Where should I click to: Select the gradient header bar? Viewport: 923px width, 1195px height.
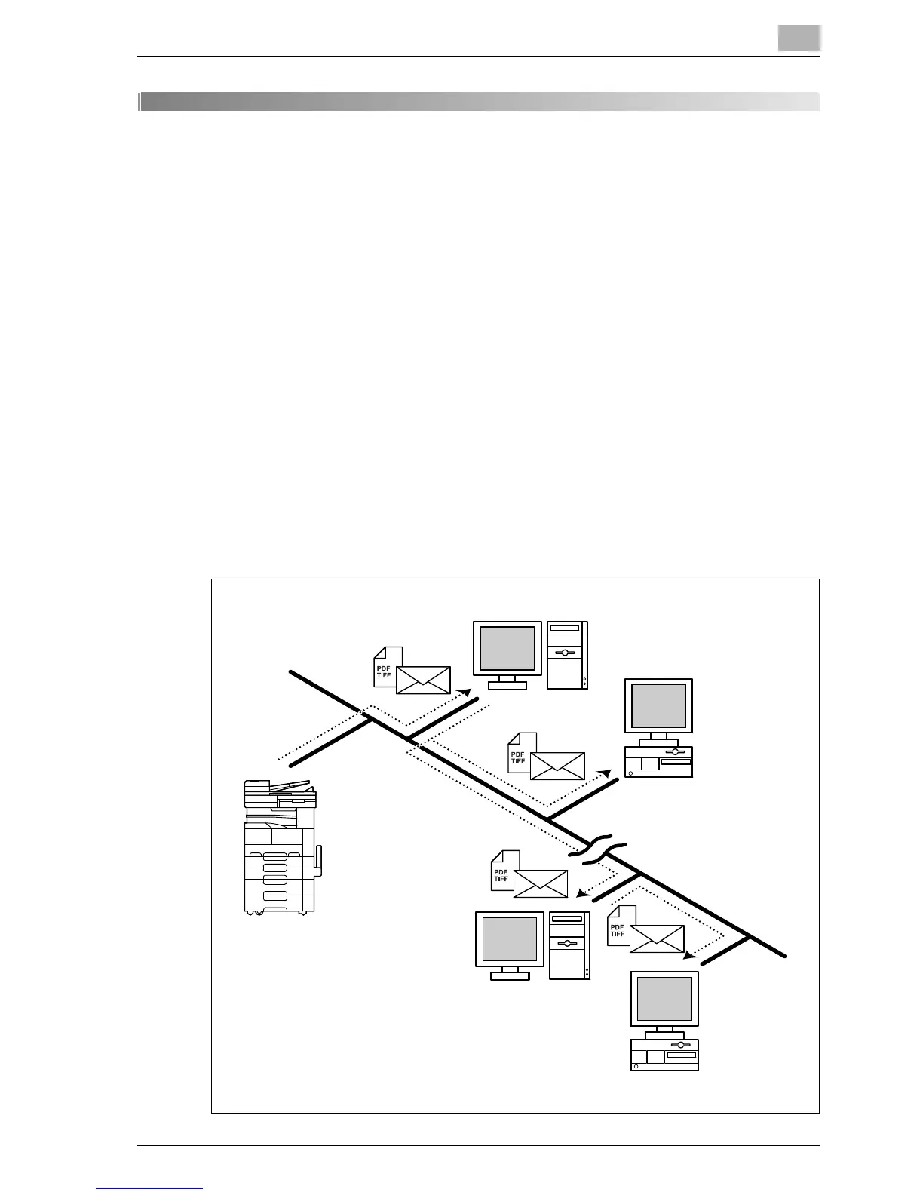(479, 102)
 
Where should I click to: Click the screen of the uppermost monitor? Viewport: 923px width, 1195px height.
(507, 648)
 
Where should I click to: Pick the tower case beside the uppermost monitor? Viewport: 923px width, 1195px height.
(567, 655)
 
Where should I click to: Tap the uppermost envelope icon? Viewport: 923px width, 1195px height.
(423, 680)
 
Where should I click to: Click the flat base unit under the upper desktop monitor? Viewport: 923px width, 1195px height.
(658, 763)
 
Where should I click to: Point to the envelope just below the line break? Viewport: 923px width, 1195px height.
(540, 883)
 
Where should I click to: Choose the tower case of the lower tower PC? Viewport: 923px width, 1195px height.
(569, 945)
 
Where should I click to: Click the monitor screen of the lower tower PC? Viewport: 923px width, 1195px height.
(509, 938)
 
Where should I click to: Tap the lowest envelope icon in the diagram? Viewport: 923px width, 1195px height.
(656, 938)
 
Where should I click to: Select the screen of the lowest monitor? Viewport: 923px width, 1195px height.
(664, 998)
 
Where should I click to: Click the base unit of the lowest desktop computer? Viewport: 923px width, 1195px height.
(664, 1055)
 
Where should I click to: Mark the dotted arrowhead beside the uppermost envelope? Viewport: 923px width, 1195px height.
(465, 692)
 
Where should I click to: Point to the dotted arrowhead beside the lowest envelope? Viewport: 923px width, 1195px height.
(688, 955)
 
